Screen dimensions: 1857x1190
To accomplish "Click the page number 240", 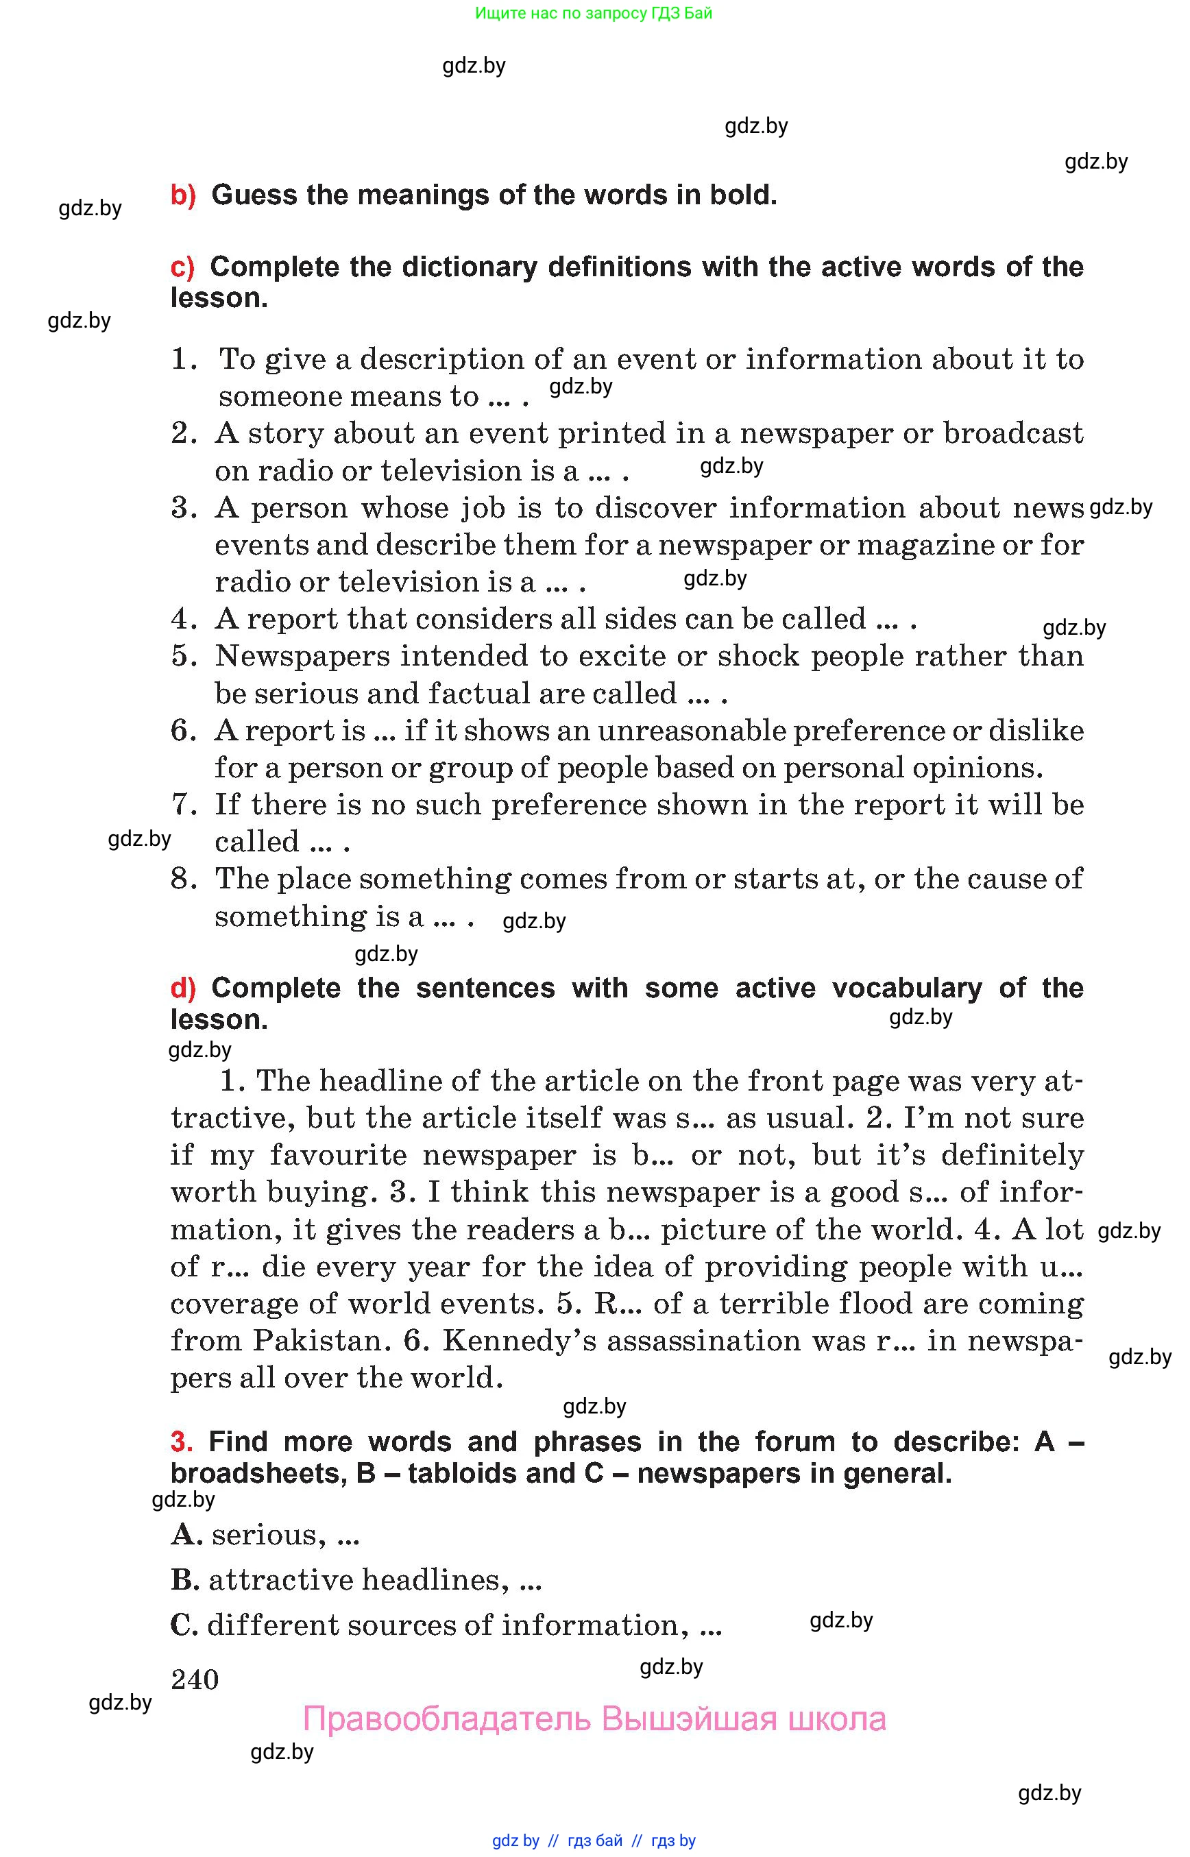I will pyautogui.click(x=195, y=1679).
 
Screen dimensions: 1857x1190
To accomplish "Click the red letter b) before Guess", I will pyautogui.click(x=183, y=195).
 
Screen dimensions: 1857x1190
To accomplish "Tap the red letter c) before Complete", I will pyautogui.click(x=182, y=267).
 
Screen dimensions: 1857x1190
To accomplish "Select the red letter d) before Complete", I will pyautogui.click(x=183, y=988).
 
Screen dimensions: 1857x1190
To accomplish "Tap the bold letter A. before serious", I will pyautogui.click(x=186, y=1535).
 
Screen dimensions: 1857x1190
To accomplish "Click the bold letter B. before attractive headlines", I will pyautogui.click(x=186, y=1579).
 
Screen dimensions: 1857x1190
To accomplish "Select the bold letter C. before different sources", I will pyautogui.click(x=186, y=1625).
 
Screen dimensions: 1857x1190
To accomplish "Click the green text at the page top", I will pyautogui.click(x=594, y=13).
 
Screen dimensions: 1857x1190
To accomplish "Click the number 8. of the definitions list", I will pyautogui.click(x=184, y=879).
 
